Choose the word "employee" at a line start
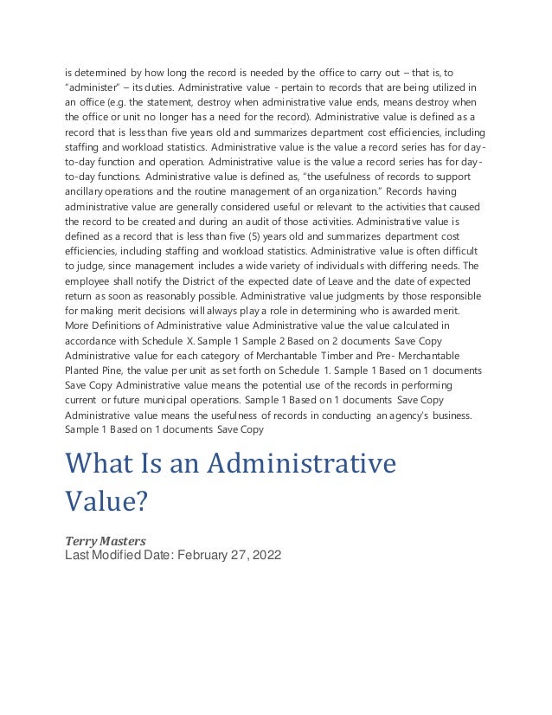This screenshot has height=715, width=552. point(91,280)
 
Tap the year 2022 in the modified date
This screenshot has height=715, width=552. point(263,556)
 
